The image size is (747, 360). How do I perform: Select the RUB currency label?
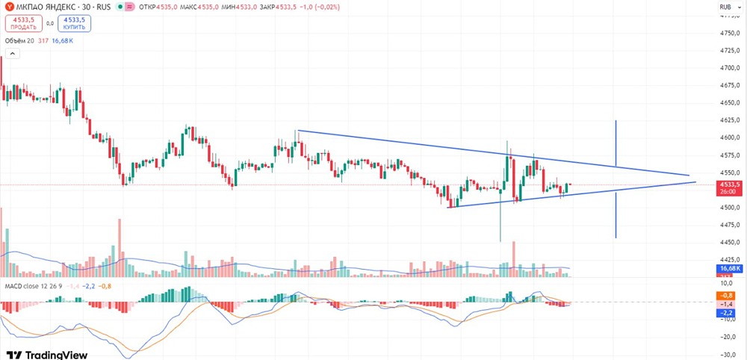point(725,7)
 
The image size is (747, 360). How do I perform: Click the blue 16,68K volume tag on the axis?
point(728,268)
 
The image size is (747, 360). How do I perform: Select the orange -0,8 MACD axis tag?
point(726,296)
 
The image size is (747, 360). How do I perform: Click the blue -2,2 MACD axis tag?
point(726,312)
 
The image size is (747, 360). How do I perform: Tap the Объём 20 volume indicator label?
point(20,40)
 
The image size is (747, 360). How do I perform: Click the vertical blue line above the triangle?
point(616,142)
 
